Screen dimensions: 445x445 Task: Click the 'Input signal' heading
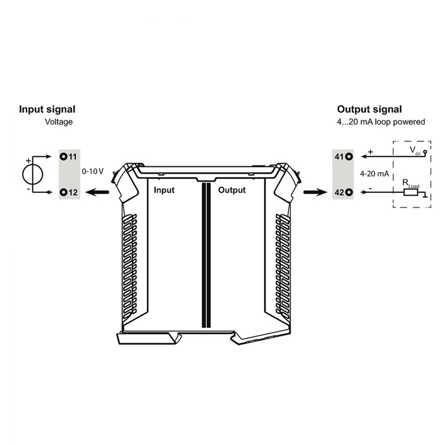pos(47,109)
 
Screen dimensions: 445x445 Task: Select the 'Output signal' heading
pos(369,109)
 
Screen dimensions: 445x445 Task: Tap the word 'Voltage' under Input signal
pos(59,122)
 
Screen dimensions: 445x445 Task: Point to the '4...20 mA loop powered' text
pos(381,122)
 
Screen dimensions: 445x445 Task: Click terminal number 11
pos(72,156)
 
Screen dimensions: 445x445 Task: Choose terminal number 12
pos(73,192)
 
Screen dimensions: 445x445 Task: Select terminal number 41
pos(339,156)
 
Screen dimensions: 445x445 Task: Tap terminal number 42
pos(339,192)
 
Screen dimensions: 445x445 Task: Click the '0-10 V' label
pos(92,172)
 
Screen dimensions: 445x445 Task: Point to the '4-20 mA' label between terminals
pos(374,174)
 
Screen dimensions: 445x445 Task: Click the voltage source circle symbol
pos(33,175)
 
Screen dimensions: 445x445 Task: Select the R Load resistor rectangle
pos(411,193)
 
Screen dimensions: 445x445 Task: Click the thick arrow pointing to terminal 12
pos(97,192)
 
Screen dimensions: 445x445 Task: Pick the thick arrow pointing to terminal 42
pos(316,192)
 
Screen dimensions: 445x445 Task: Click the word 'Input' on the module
pos(164,190)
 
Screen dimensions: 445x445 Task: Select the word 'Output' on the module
pos(232,190)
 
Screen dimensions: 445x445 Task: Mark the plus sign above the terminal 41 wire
pos(370,152)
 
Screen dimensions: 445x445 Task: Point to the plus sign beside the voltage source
pos(28,161)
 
